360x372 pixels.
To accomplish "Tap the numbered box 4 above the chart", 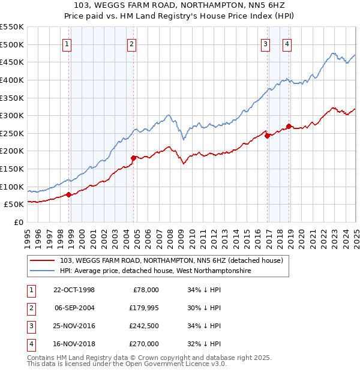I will pos(287,43).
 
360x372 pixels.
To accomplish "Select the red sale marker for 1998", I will pos(69,194).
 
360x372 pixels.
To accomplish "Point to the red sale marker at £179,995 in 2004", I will pos(133,158).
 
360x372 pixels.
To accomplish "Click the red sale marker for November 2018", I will pos(289,126).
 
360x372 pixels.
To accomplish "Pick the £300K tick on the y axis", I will pos(12,115).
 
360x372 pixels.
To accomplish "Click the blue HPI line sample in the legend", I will pos(42,271).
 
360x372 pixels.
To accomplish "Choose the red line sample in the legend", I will pos(42,260).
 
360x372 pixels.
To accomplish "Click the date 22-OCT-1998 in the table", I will pos(74,290).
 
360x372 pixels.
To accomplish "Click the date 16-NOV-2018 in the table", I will pos(74,344).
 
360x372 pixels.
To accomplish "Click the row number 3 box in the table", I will pos(31,326).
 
